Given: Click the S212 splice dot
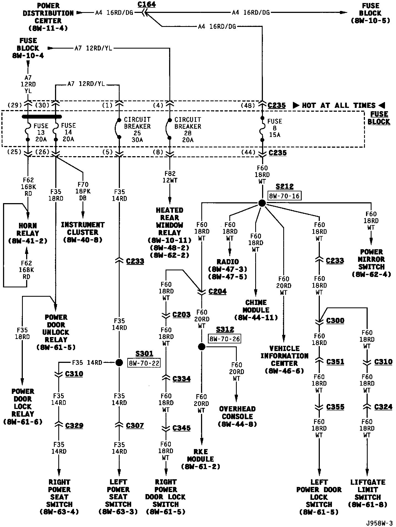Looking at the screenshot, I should (262, 203).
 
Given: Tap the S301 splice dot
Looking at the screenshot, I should (119, 363).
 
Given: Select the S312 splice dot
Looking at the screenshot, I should (202, 347).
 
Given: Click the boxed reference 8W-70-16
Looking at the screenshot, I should (284, 196).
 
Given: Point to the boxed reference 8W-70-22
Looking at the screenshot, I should (144, 363).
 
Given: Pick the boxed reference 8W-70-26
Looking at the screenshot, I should (225, 339).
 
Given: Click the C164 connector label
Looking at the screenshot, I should (147, 4).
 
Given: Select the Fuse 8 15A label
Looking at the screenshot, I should (274, 128).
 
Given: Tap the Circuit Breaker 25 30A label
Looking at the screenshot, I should (137, 130).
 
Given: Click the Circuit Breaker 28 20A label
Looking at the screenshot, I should (188, 130).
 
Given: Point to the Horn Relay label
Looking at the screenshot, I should (28, 233).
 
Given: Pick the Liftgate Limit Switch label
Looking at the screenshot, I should (368, 493).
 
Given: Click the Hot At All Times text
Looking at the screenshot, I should (339, 105).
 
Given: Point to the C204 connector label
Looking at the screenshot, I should (218, 291).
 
